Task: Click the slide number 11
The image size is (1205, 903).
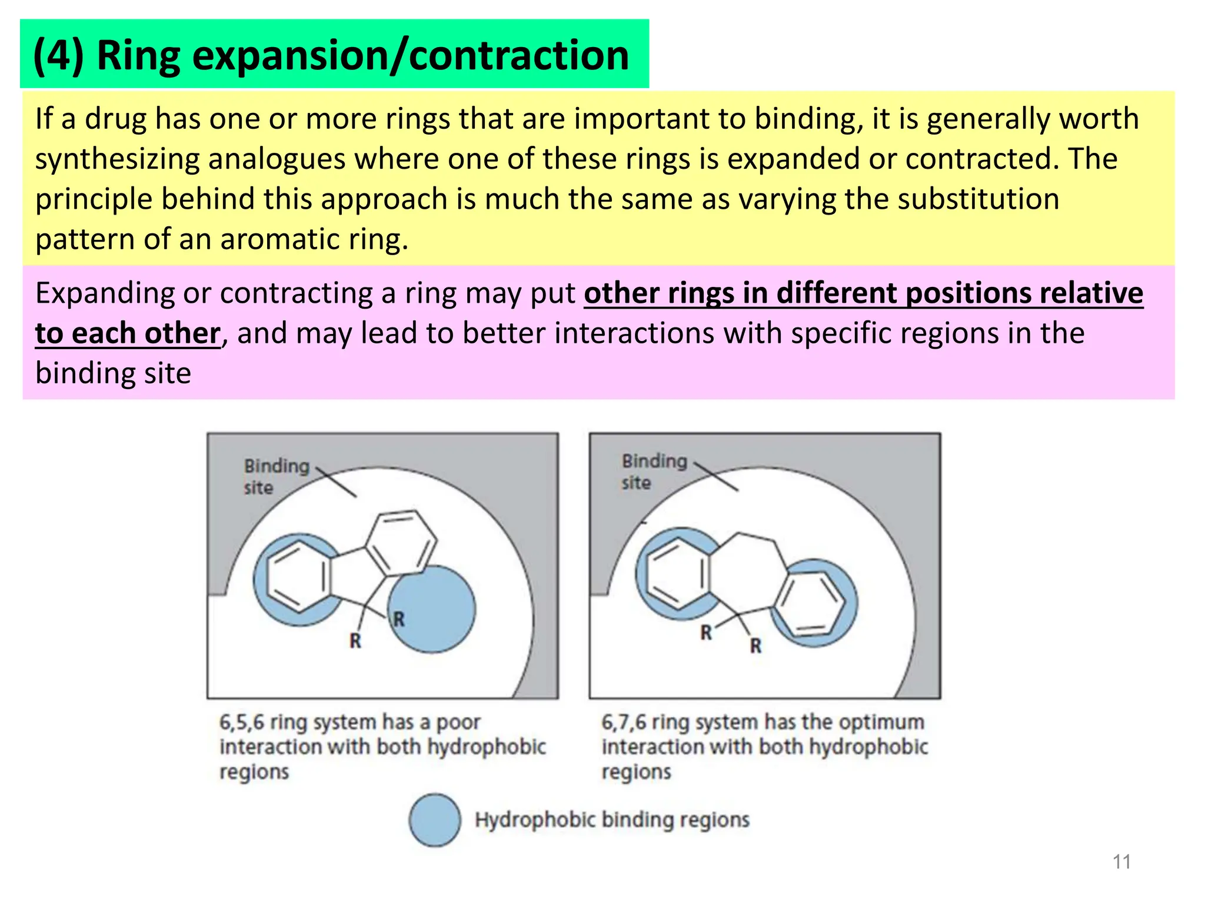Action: tap(1121, 862)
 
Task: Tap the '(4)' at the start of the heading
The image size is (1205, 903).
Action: tap(58, 55)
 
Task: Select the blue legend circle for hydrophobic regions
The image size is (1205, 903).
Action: tap(435, 820)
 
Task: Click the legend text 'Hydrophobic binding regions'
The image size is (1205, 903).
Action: tap(612, 820)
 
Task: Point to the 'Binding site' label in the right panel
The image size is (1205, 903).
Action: tap(654, 471)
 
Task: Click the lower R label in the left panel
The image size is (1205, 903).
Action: tap(355, 641)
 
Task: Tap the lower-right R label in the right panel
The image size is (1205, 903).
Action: tap(755, 646)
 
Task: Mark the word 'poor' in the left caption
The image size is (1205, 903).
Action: tap(458, 722)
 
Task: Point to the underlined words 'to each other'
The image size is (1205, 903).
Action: tap(128, 333)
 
